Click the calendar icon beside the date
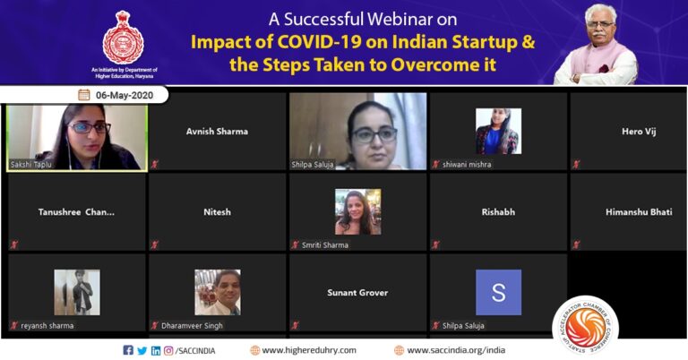click(83, 94)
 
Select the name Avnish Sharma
click(217, 131)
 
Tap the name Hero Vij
click(639, 131)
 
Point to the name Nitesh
click(217, 211)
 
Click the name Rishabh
click(498, 211)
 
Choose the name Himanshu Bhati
click(639, 211)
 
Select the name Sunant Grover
click(357, 292)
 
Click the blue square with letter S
click(498, 292)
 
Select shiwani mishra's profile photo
click(498, 131)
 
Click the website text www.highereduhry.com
click(308, 350)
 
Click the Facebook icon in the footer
click(128, 350)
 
